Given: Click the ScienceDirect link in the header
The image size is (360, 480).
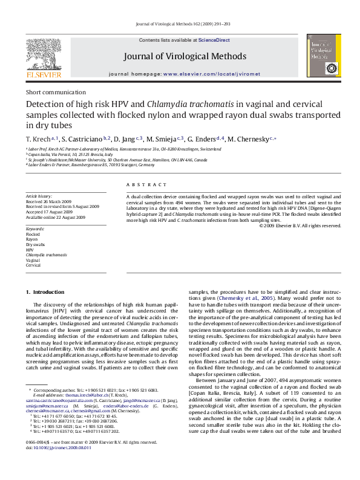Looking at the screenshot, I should (214, 40).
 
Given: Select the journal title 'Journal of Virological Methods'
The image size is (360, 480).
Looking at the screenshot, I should (185, 57).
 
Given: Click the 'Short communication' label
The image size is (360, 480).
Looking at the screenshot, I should (51, 92).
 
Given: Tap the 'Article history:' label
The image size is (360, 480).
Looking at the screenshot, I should (39, 196).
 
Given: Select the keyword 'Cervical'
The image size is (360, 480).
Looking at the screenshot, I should (34, 265).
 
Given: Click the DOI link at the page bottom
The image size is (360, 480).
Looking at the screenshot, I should (62, 465).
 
